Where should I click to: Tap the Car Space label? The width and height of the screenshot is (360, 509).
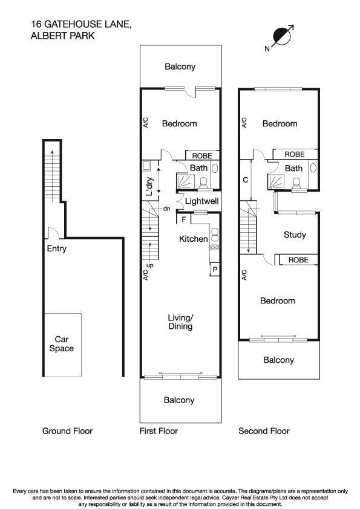(64, 343)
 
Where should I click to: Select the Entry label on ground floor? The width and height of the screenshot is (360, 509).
(56, 248)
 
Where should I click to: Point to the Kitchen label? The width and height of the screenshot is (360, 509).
(194, 239)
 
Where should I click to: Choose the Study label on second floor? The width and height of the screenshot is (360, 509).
(295, 235)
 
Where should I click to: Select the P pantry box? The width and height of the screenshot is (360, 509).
(214, 269)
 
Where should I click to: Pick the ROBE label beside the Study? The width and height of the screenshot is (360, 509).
(298, 260)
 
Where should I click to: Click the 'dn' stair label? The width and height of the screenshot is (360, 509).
(166, 209)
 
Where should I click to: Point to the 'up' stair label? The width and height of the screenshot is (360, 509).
(149, 265)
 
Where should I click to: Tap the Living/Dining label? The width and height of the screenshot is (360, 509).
(180, 322)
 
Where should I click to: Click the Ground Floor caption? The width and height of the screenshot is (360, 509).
(67, 431)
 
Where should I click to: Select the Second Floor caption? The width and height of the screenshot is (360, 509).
(264, 431)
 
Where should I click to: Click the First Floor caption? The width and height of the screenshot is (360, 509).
(159, 431)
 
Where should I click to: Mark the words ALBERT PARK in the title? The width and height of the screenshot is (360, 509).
(62, 36)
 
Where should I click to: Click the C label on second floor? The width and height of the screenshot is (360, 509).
(245, 180)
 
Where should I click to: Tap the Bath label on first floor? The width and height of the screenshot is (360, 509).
(198, 168)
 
